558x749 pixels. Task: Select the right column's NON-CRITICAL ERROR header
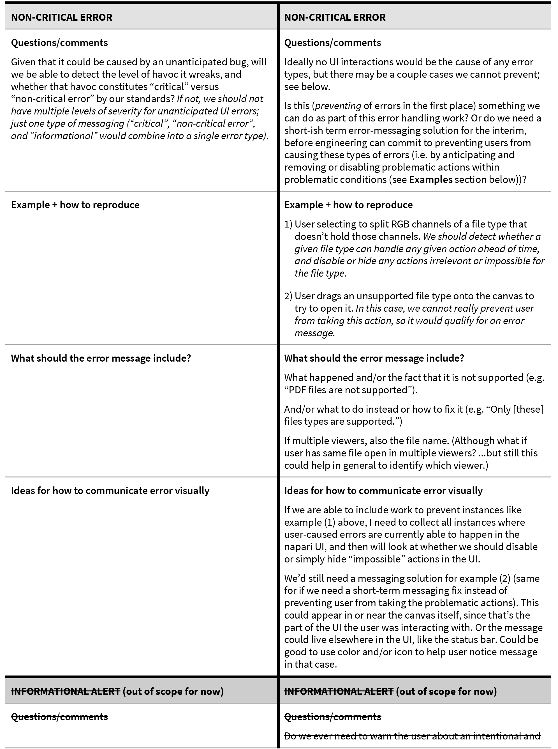coord(334,17)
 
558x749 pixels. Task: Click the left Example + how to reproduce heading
coord(75,205)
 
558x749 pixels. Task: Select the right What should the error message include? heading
coord(374,358)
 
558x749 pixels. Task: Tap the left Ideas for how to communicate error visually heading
coord(110,491)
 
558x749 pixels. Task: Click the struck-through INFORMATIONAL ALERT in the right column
coord(339,691)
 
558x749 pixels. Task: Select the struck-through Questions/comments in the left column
coord(59,717)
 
